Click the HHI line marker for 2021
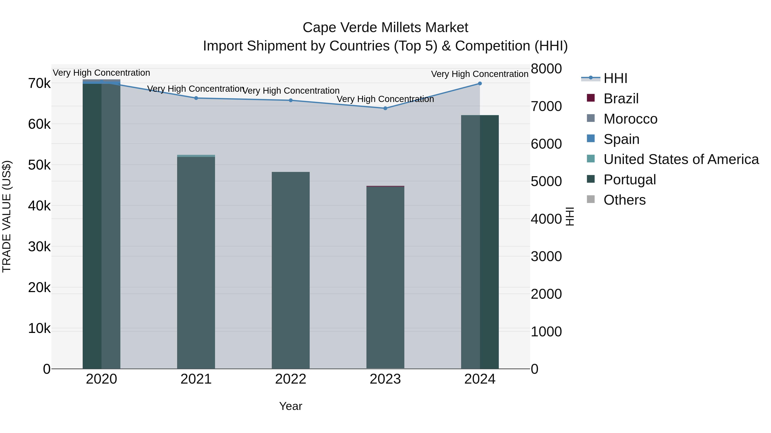196,98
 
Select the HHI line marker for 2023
385,108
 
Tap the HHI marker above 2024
480,84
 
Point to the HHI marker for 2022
291,100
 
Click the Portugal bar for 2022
291,269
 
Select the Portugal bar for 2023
385,278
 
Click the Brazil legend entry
621,99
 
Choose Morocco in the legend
630,119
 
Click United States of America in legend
681,159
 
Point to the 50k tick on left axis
39,165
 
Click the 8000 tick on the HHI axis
546,69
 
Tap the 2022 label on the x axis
291,379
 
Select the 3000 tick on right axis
546,256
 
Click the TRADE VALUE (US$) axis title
7,216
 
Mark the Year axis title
291,406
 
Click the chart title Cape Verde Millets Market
385,28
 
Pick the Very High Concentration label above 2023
385,99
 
